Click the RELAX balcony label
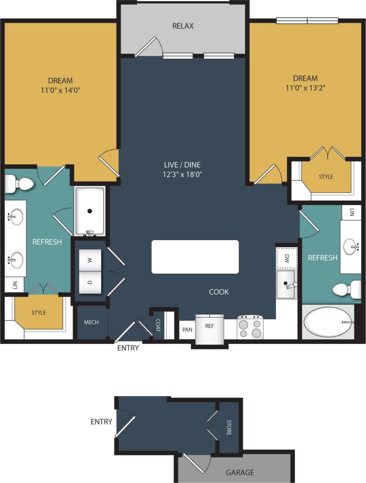[183, 26]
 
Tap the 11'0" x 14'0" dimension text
[60, 90]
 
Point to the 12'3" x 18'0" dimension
[182, 174]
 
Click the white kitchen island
[195, 257]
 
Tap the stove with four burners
[250, 328]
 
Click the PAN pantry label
[187, 330]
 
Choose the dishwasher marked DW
[287, 258]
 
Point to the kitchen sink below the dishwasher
[286, 284]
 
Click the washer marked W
[90, 260]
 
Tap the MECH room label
[91, 322]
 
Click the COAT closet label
[158, 325]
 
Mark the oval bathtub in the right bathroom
[328, 322]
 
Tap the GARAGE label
[240, 472]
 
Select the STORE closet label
[229, 428]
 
